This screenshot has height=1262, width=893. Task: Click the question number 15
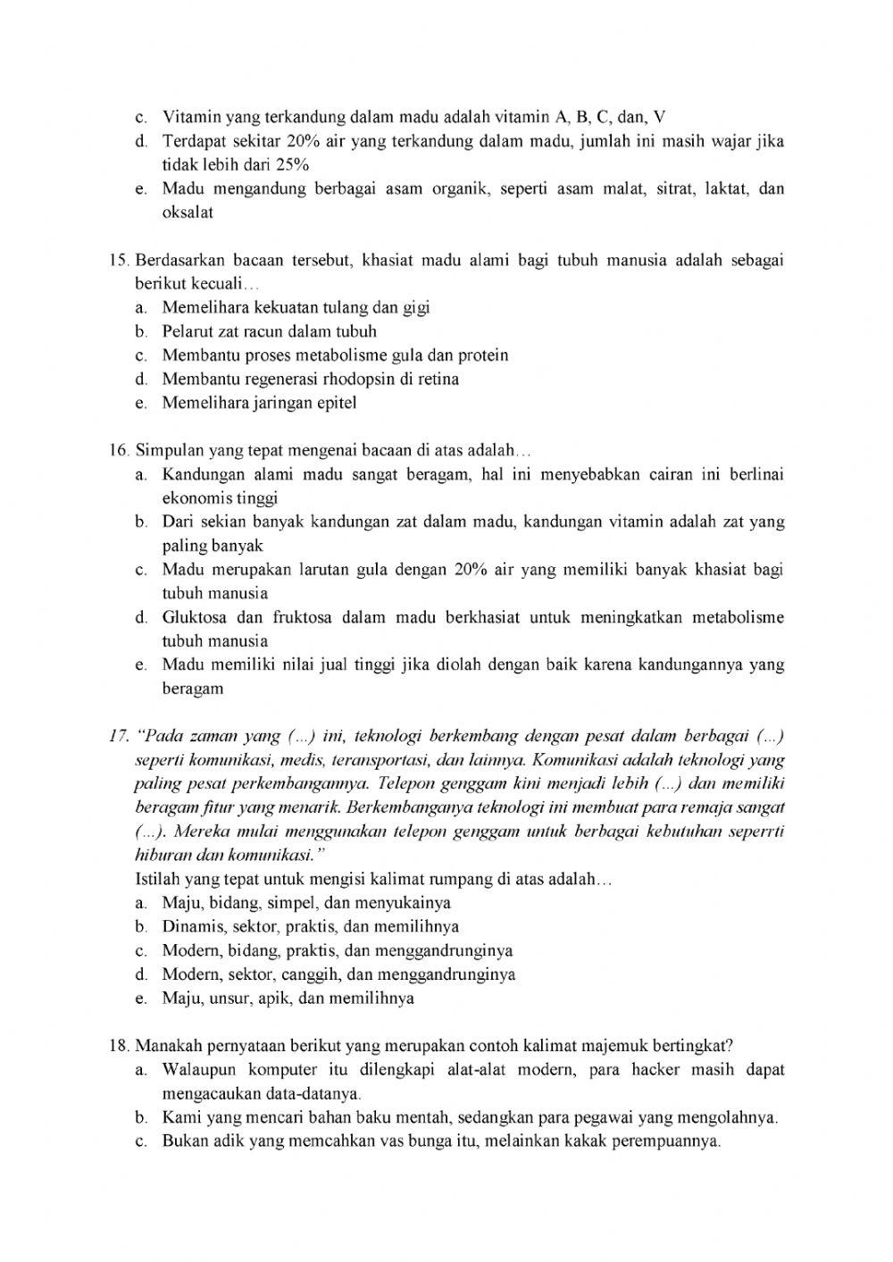tap(120, 260)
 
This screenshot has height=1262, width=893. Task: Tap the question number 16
tap(120, 450)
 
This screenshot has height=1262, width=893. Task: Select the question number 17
tap(120, 736)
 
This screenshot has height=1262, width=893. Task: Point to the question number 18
tap(120, 1046)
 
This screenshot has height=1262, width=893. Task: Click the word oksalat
tap(188, 213)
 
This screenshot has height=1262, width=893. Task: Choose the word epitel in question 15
tap(337, 403)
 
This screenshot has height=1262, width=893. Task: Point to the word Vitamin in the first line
tap(191, 117)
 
